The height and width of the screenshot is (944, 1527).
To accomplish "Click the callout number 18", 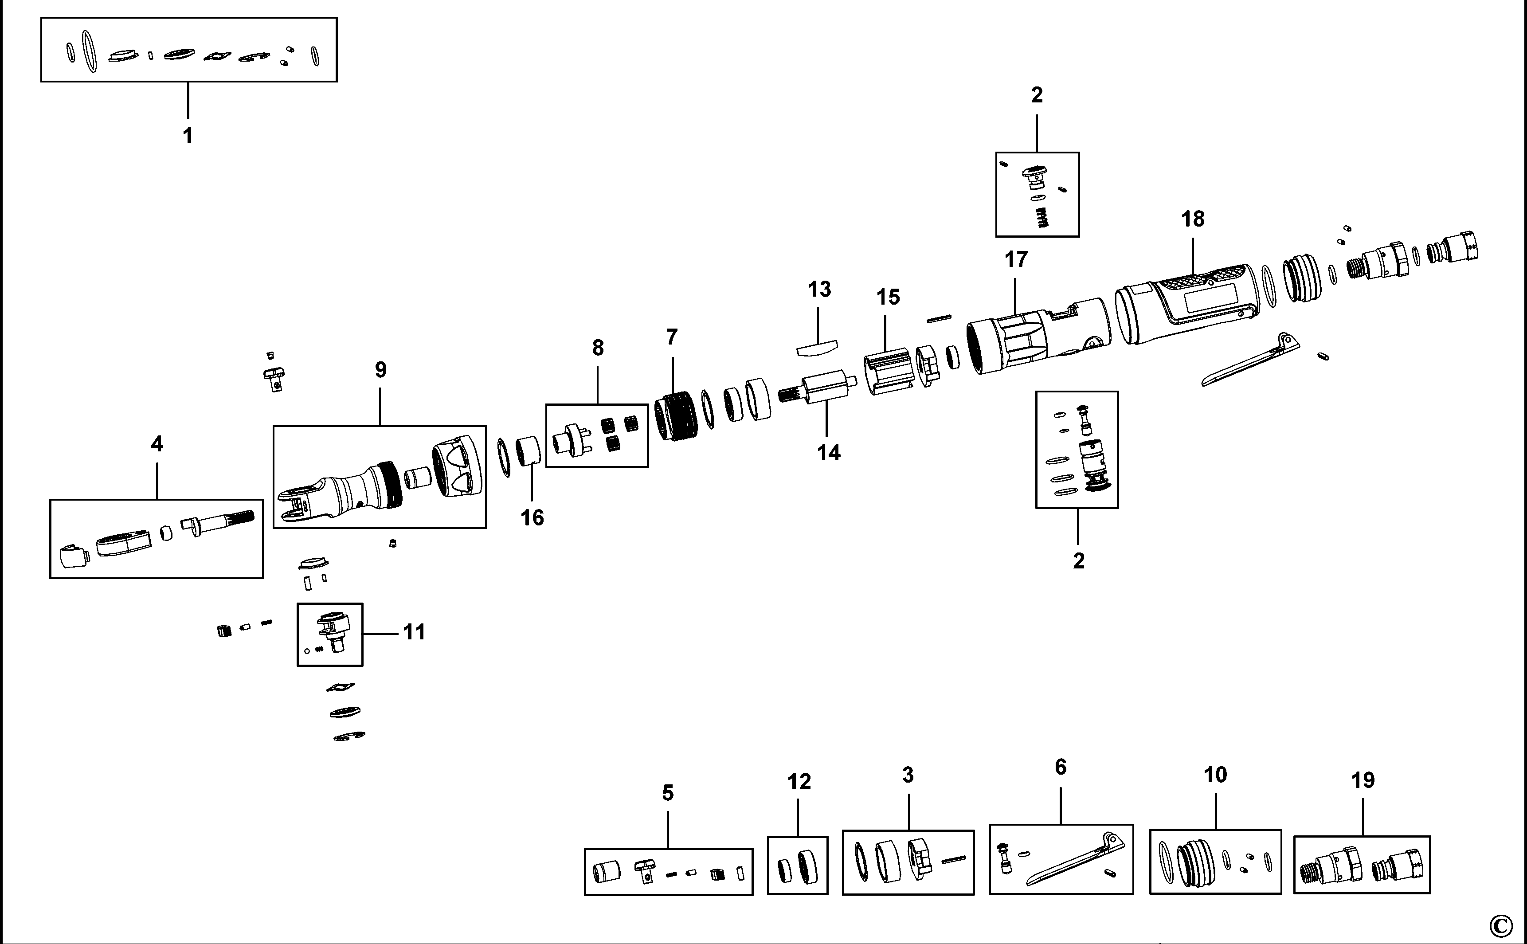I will pyautogui.click(x=1192, y=219).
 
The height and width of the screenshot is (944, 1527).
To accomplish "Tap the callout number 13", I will pyautogui.click(x=819, y=290).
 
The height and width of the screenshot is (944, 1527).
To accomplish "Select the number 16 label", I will pyautogui.click(x=532, y=517).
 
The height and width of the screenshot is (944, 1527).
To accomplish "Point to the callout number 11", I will pyautogui.click(x=414, y=632).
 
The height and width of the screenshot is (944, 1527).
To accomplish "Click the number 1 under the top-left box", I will pyautogui.click(x=187, y=136).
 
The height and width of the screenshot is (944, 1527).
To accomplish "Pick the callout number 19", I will pyautogui.click(x=1363, y=780).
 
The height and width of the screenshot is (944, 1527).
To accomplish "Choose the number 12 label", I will pyautogui.click(x=799, y=782).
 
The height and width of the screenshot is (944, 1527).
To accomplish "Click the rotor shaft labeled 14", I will pyautogui.click(x=818, y=388).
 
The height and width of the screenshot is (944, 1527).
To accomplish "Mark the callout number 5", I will pyautogui.click(x=667, y=794).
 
